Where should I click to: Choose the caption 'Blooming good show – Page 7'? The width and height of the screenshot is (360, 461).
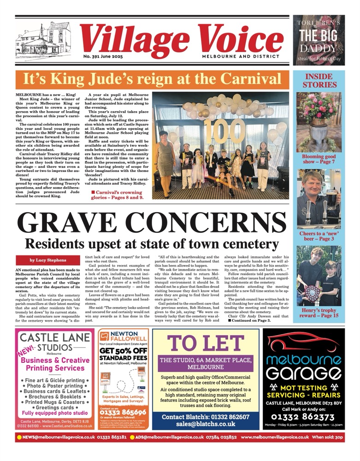coord(319,160)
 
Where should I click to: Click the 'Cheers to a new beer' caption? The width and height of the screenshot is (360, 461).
coord(319,237)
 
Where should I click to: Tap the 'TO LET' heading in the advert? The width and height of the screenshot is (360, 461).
coord(206,343)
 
